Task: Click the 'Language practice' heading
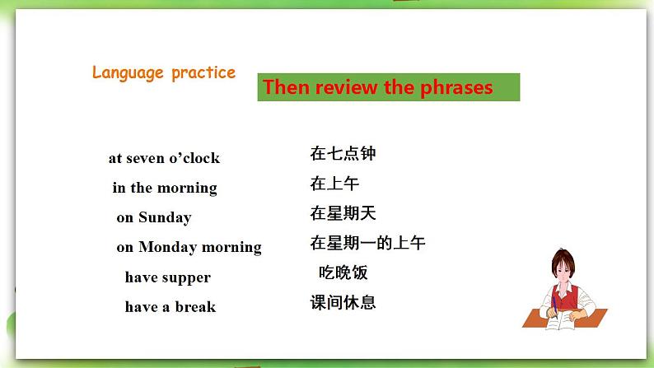click(x=163, y=72)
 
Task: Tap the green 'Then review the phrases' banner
click(x=388, y=87)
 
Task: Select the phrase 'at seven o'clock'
click(x=164, y=158)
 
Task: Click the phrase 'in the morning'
click(x=165, y=188)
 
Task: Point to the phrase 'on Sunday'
click(x=153, y=217)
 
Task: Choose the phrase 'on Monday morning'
click(x=189, y=247)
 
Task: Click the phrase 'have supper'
click(x=167, y=277)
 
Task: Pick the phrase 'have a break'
click(x=170, y=307)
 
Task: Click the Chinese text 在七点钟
click(x=343, y=153)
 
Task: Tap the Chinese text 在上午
click(x=334, y=184)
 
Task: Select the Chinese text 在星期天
click(x=343, y=213)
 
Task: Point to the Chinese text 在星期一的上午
click(x=367, y=243)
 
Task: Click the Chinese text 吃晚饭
click(x=343, y=273)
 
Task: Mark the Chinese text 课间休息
click(x=343, y=302)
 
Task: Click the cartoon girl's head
click(x=564, y=268)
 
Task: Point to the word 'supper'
click(x=185, y=278)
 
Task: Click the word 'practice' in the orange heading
click(x=203, y=72)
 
